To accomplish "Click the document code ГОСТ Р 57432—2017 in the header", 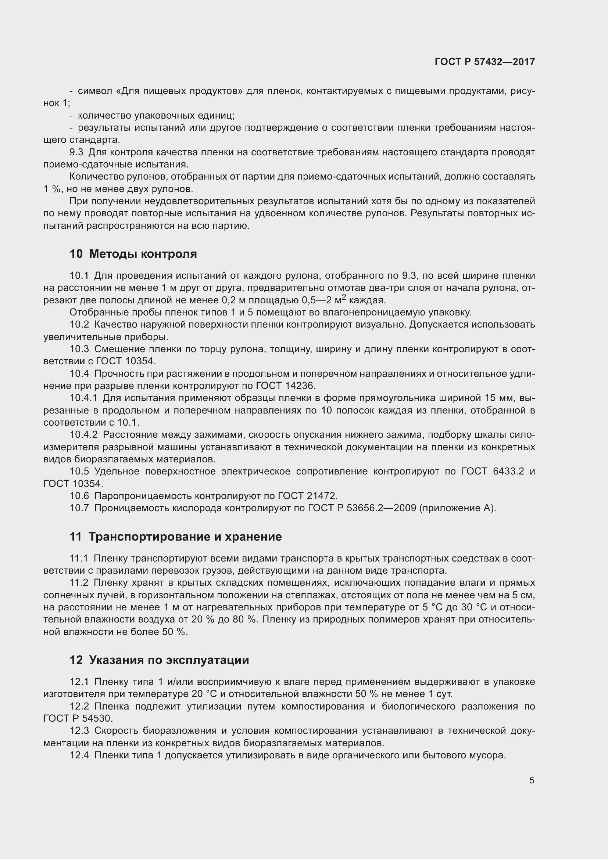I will [484, 62].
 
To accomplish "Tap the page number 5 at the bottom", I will [532, 780].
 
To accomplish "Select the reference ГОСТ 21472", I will [308, 496].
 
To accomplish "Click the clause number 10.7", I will [79, 508].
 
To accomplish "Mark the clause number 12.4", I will [79, 755].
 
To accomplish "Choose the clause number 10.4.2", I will [83, 435].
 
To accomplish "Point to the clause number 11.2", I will [79, 583].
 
